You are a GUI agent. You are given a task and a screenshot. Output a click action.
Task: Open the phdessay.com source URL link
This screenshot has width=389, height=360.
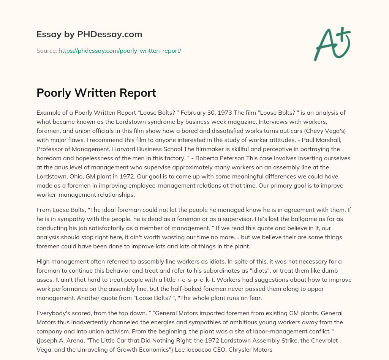coord(120,51)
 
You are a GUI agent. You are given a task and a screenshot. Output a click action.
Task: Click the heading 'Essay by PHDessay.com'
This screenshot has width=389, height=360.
coord(89,35)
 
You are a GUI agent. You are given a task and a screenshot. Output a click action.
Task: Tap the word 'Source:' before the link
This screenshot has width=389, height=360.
coord(47,51)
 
